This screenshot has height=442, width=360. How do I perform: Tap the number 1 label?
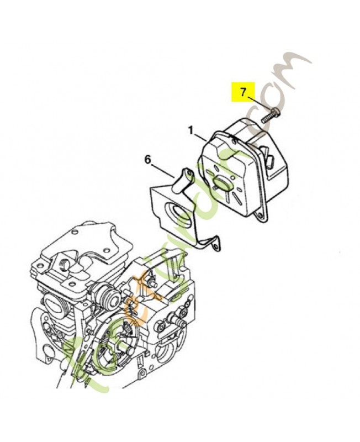coord(190,131)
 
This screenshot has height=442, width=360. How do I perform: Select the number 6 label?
coord(147,159)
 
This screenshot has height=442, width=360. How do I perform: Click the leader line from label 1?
coord(201,136)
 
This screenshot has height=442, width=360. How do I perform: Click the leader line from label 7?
coord(257,103)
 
